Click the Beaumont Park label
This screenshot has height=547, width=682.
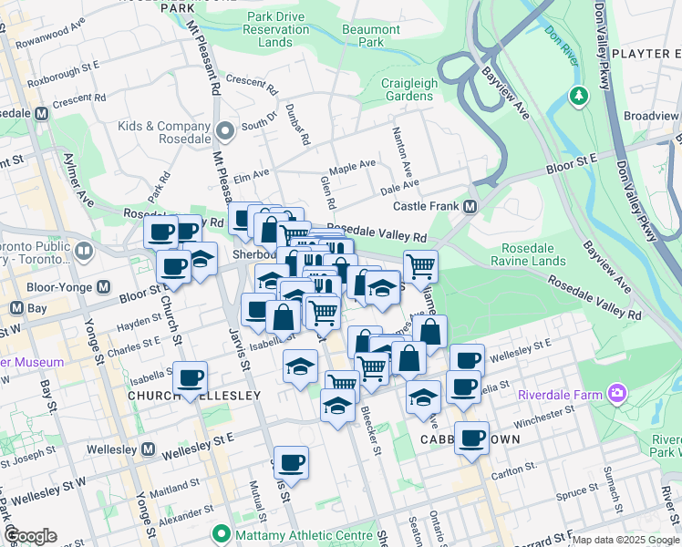[x=371, y=36]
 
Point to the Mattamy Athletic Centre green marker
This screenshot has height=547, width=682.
[x=219, y=533]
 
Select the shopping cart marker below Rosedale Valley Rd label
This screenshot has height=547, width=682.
[x=420, y=266]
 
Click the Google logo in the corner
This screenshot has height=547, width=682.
[x=30, y=536]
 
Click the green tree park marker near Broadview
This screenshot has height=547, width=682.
[x=578, y=95]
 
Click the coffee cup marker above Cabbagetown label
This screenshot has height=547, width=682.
[x=471, y=438]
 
